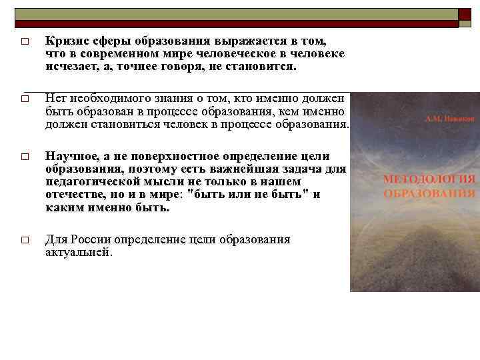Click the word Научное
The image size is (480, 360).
pyautogui.click(x=71, y=156)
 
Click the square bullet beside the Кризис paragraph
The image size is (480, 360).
pyautogui.click(x=23, y=42)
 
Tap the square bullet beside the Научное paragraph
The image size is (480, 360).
pyautogui.click(x=23, y=157)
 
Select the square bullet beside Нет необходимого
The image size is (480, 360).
pyautogui.click(x=23, y=99)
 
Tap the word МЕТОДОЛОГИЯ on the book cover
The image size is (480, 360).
pyautogui.click(x=429, y=179)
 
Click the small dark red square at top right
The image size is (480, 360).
pyautogui.click(x=464, y=15)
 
